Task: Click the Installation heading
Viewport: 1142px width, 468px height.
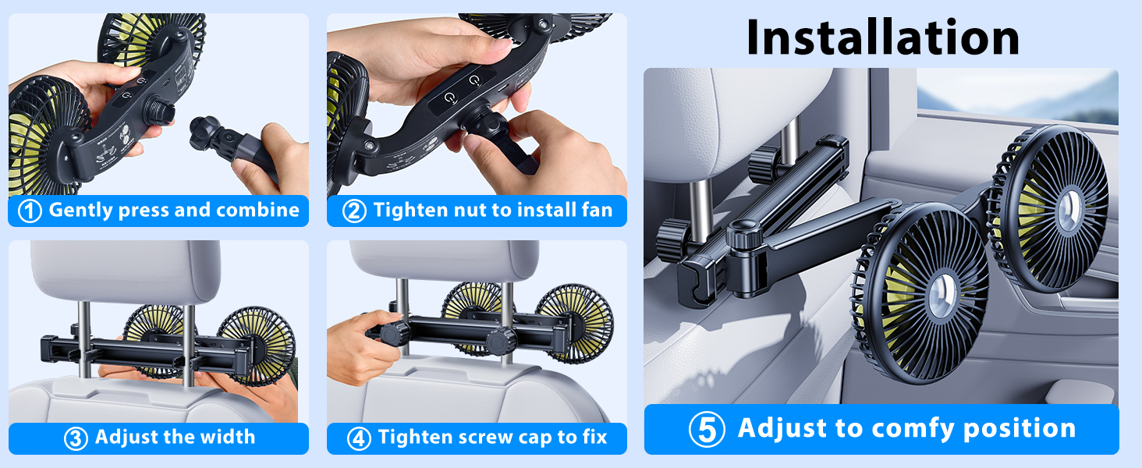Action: tap(882, 37)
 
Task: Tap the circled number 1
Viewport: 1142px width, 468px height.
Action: tap(29, 211)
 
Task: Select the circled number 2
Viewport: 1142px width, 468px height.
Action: tap(354, 211)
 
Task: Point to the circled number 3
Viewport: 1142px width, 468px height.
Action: tap(75, 438)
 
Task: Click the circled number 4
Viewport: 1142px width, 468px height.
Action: tap(358, 438)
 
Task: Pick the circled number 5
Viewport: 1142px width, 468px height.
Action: tap(708, 430)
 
